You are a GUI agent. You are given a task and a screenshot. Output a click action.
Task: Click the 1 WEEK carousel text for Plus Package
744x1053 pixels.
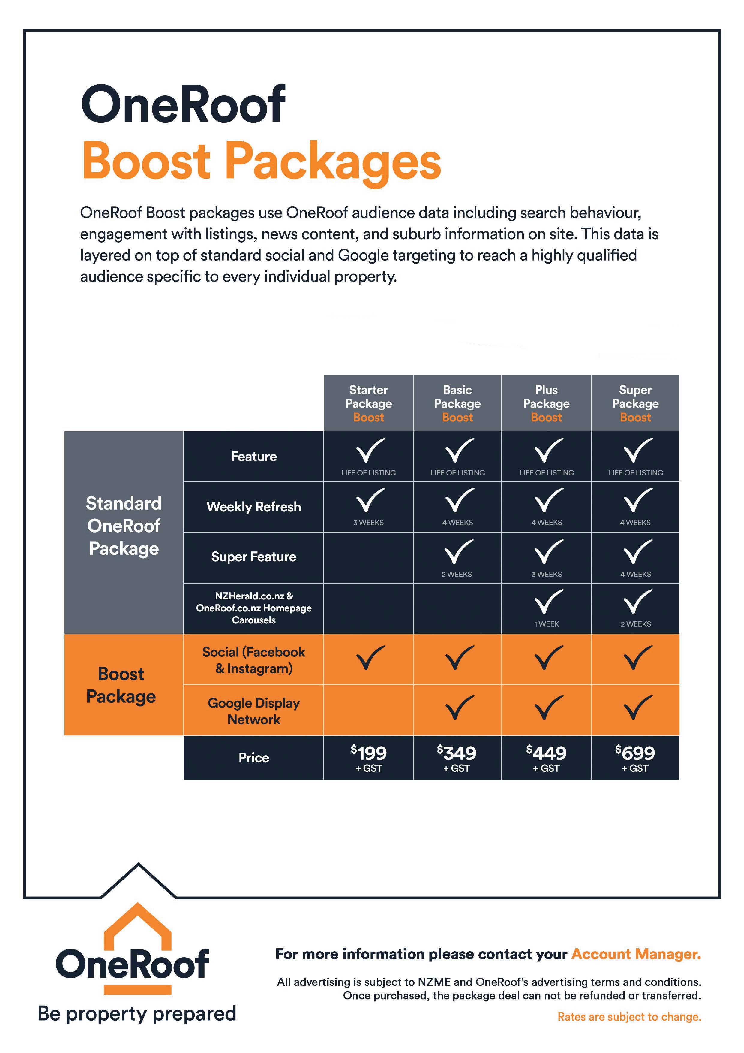tap(546, 624)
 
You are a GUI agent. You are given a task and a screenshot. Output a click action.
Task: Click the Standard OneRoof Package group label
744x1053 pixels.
tap(124, 526)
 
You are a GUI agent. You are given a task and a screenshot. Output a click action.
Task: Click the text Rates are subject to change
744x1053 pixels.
tap(629, 1017)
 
